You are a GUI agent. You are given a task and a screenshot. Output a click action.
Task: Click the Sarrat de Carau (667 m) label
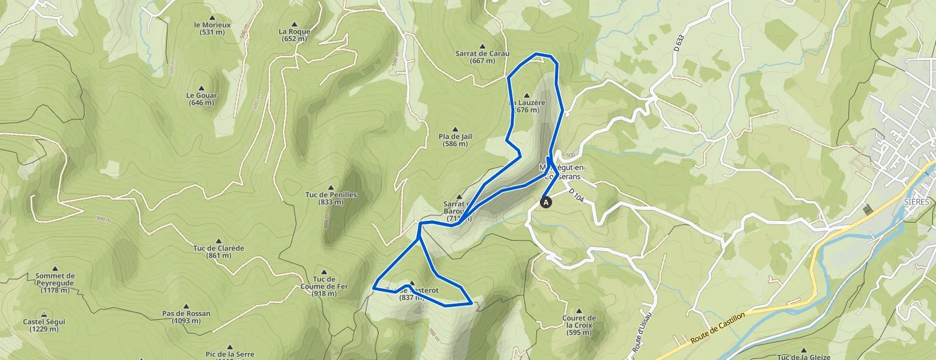[x=482, y=57]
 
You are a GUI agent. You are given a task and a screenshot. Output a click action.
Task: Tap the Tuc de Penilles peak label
[x=331, y=198]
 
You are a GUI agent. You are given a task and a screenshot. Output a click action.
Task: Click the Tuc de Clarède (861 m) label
[x=218, y=252]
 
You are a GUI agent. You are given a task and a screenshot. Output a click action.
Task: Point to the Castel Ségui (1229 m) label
[x=44, y=325]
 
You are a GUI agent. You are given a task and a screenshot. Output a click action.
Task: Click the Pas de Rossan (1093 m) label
[x=186, y=317]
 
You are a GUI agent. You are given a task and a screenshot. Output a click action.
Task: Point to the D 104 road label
[x=576, y=195]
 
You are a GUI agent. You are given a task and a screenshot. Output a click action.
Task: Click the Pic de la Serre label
[x=229, y=354]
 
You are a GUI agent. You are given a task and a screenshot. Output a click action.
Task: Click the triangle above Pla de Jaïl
[x=455, y=129]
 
